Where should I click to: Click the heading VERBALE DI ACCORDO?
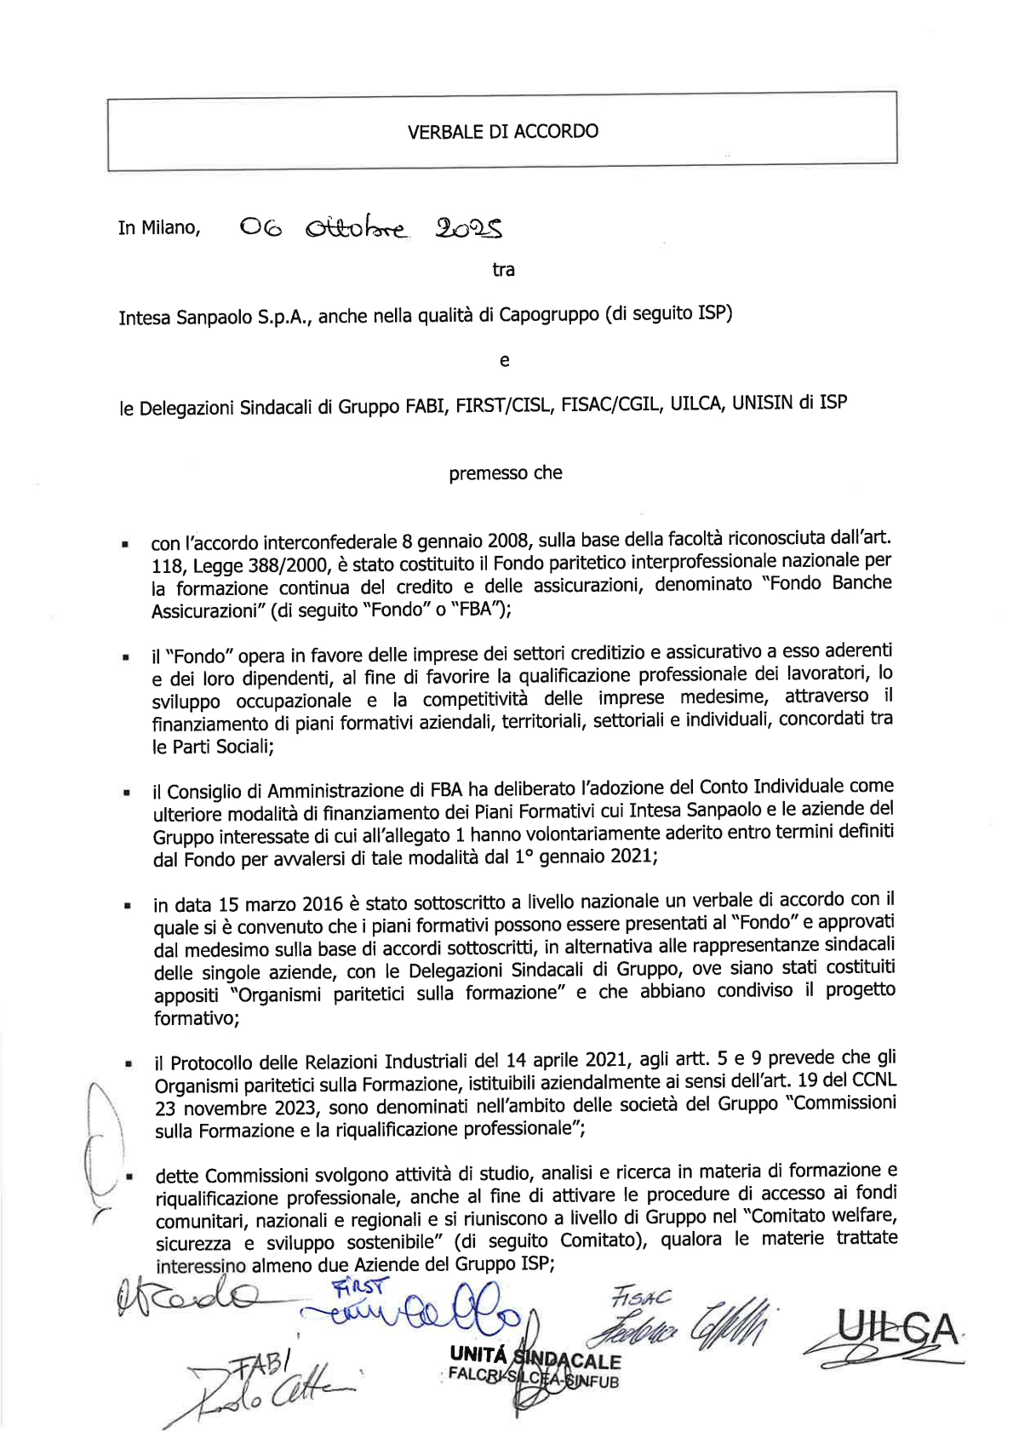(x=502, y=131)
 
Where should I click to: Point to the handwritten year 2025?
(x=469, y=227)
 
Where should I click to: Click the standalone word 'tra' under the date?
(x=503, y=270)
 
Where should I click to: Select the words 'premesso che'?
(x=506, y=473)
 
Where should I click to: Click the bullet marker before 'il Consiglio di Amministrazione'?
(x=126, y=793)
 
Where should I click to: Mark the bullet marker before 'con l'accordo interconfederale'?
(x=125, y=543)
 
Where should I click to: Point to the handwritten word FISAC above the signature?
(x=640, y=1298)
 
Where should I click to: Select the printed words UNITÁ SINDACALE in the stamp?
(x=535, y=1359)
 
